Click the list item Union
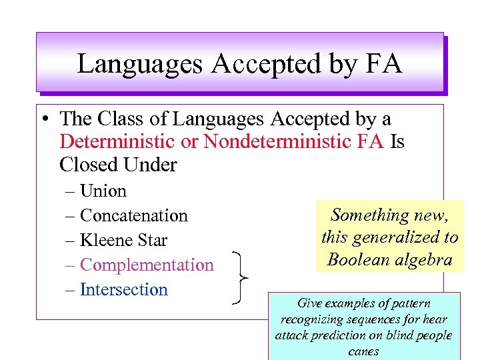[x=103, y=191]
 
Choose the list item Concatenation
[x=133, y=216]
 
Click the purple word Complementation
[x=147, y=265]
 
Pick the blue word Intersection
[x=123, y=290]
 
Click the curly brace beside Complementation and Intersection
[x=241, y=277]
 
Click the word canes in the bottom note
[x=364, y=351]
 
